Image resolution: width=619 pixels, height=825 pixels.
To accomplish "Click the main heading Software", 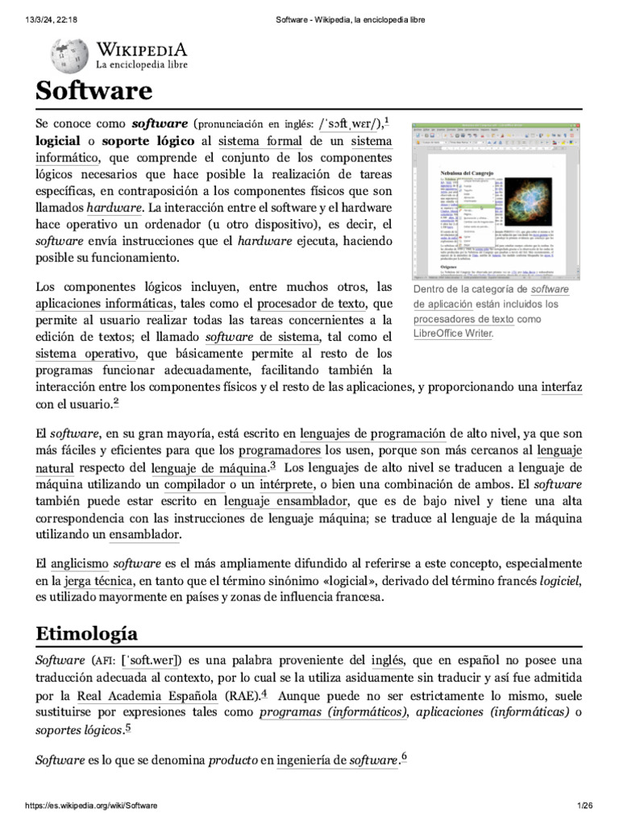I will (x=93, y=91).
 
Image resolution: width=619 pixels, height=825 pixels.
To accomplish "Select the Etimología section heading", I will (x=87, y=632).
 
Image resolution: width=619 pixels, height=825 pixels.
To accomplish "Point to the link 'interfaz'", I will (x=561, y=387).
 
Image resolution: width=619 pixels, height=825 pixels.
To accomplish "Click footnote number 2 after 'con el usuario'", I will (x=116, y=402).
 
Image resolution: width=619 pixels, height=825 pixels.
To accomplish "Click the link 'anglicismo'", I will (x=79, y=562).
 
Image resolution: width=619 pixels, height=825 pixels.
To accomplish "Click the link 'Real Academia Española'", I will (x=147, y=695).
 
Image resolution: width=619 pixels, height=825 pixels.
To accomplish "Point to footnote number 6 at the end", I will (x=404, y=757).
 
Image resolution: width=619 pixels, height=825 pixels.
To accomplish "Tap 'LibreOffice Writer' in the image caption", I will (x=452, y=334).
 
